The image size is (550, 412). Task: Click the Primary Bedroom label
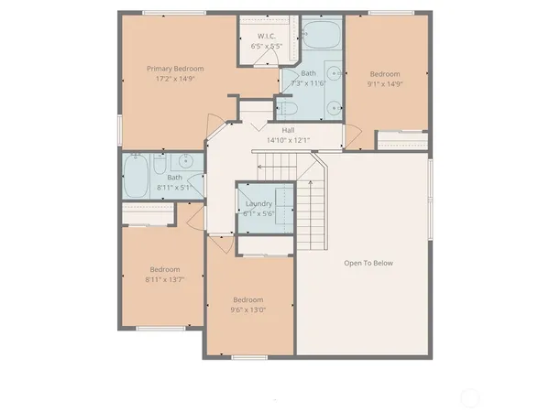coord(175,69)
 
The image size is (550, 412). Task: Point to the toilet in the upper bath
coord(286,107)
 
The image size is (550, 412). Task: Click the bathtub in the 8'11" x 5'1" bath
coord(138,178)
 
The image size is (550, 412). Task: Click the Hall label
coord(288,130)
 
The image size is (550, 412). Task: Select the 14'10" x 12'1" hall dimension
coord(288,140)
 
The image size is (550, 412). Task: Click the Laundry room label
coord(259,202)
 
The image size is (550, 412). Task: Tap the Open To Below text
coord(368,263)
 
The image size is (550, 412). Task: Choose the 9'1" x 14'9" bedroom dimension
coord(384,84)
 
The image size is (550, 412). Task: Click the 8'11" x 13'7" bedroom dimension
coord(164,280)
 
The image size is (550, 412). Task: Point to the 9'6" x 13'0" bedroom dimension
coord(247,309)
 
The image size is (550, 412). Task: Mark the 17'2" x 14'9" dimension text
coord(175,79)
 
